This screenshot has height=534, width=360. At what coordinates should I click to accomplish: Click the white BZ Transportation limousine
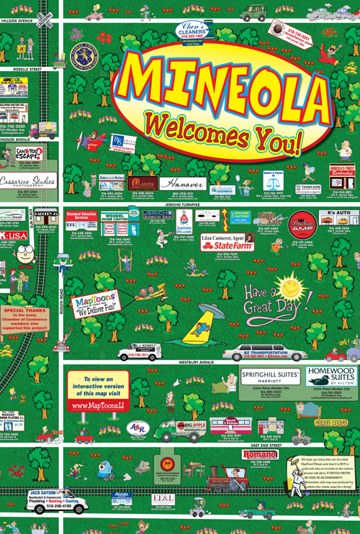(256, 353)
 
